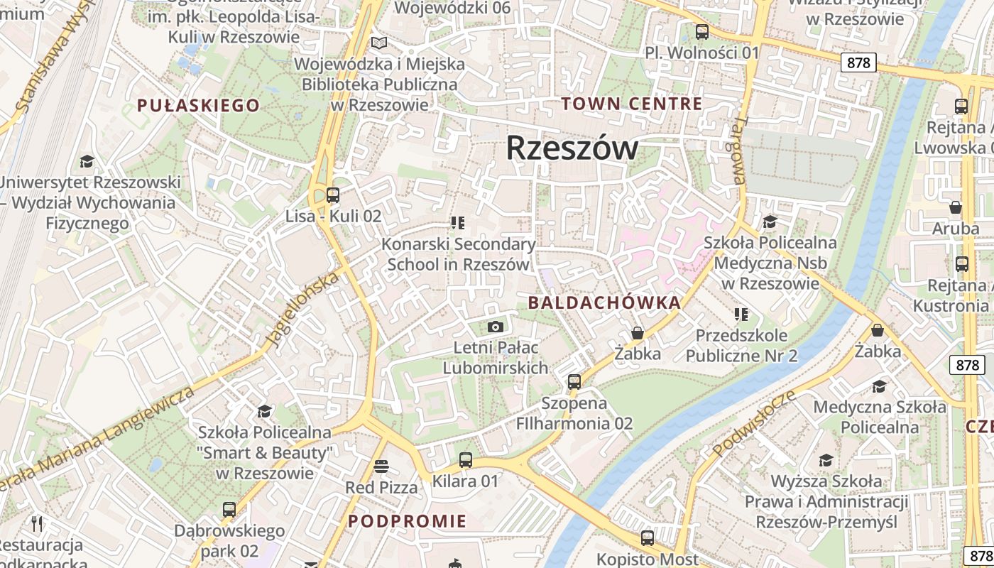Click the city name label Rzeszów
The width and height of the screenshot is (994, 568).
pos(572,148)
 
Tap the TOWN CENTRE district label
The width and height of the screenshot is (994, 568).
pos(632,104)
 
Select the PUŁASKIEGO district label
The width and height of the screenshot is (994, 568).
pos(198,106)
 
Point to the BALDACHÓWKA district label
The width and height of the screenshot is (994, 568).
pos(604,303)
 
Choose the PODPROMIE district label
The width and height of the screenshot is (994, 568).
pos(408,521)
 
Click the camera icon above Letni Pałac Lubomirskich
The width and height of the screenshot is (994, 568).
pos(496,327)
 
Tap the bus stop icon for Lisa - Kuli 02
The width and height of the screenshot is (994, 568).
pos(332,195)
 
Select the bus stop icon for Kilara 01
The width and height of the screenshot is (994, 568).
pos(466,460)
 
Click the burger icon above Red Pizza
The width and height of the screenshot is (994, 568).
pos(381,466)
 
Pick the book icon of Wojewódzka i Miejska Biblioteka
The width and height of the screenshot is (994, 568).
pos(379,43)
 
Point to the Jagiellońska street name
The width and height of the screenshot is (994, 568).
pos(302,310)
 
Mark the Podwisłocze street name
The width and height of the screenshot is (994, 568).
pos(753,424)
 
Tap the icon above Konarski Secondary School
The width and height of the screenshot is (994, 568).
pos(458,223)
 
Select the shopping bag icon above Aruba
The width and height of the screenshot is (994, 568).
pos(956,207)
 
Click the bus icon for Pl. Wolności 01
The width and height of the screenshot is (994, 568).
pos(701,32)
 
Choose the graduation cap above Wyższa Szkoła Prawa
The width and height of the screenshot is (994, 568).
pos(826,461)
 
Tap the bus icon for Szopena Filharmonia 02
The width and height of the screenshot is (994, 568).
pos(574,382)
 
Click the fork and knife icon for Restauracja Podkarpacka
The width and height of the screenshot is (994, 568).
pos(38,524)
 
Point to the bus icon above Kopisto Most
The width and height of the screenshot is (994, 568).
pos(647,538)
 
